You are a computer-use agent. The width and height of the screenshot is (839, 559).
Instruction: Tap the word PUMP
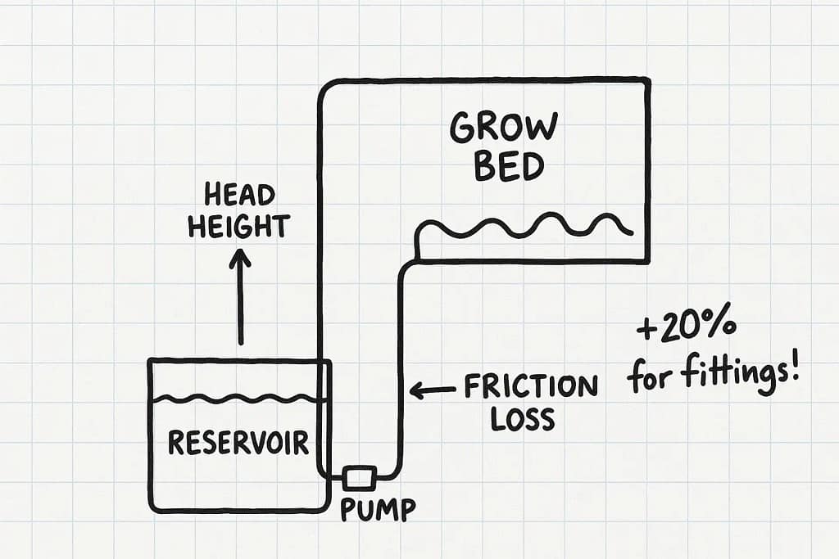tap(378, 509)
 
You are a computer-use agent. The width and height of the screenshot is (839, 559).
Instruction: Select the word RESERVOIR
tap(238, 443)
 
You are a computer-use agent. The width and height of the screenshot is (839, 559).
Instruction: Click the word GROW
tap(504, 128)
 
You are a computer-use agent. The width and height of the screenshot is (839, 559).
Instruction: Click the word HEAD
tap(239, 196)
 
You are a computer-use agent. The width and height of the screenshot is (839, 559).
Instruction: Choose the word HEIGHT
tap(238, 226)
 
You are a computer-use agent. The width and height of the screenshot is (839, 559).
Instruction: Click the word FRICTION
tap(531, 386)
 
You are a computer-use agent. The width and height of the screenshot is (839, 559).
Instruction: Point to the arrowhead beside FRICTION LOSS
tap(416, 390)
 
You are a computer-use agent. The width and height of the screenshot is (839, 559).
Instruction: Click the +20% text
tap(687, 331)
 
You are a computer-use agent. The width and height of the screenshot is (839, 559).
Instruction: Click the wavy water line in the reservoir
tap(238, 399)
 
